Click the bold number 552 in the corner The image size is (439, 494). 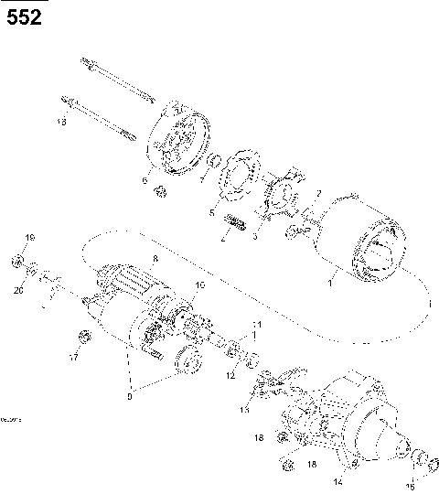click(x=24, y=17)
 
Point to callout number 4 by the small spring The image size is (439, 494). click(x=221, y=239)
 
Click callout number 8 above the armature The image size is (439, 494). click(x=155, y=260)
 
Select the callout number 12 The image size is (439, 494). click(x=230, y=375)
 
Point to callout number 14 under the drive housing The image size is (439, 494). click(x=337, y=480)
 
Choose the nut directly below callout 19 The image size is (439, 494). click(x=18, y=263)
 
